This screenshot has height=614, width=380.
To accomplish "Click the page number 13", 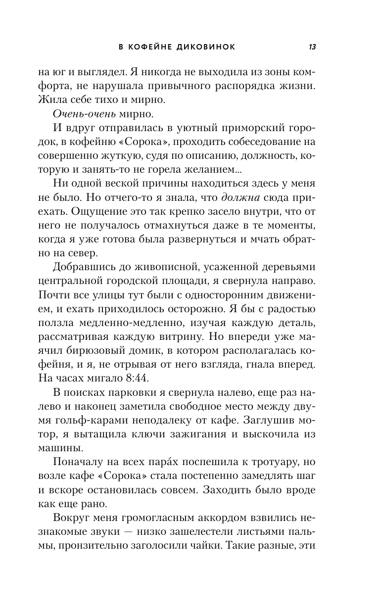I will click(x=312, y=47).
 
